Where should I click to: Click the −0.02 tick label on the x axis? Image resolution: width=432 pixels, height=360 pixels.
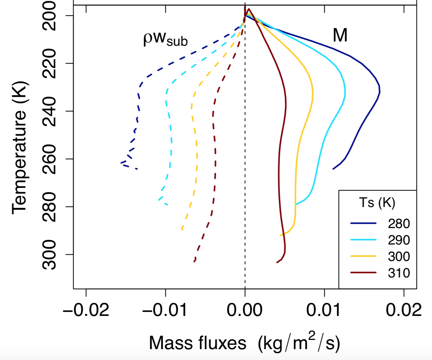click(86, 310)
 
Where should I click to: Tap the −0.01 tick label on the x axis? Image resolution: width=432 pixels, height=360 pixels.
click(165, 310)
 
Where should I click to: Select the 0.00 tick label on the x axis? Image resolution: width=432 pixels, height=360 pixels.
click(245, 310)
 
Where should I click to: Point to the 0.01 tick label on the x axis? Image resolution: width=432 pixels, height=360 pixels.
click(324, 310)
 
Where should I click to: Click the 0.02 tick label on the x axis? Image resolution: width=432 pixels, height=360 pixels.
click(404, 310)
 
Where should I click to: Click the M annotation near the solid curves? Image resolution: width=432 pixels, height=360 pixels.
click(340, 35)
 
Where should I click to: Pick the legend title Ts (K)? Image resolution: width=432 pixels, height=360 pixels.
click(377, 202)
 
